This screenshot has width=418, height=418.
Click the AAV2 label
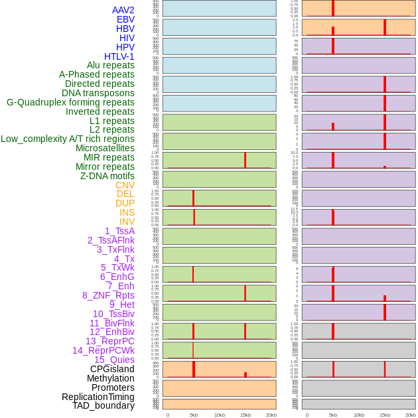click(123, 10)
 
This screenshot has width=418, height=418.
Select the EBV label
click(125, 19)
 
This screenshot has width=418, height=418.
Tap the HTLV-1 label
click(119, 56)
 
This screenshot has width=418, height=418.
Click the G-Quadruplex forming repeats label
click(70, 102)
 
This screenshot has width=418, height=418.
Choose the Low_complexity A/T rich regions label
click(68, 139)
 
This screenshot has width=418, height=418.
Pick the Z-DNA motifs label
click(107, 176)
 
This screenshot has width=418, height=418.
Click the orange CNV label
click(125, 185)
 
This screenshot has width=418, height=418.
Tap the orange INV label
click(127, 222)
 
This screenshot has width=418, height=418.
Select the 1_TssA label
click(119, 231)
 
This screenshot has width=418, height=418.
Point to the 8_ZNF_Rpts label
click(108, 295)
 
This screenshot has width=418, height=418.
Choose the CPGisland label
click(112, 369)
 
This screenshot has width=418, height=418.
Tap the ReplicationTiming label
click(98, 397)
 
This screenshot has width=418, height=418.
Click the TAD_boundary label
click(104, 405)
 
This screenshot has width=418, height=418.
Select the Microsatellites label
click(105, 148)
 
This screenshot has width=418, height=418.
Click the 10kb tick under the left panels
click(220, 415)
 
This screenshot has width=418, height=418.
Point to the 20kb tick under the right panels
click(411, 415)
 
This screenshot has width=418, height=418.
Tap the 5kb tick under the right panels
click(333, 415)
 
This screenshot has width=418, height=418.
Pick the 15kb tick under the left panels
click(245, 415)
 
